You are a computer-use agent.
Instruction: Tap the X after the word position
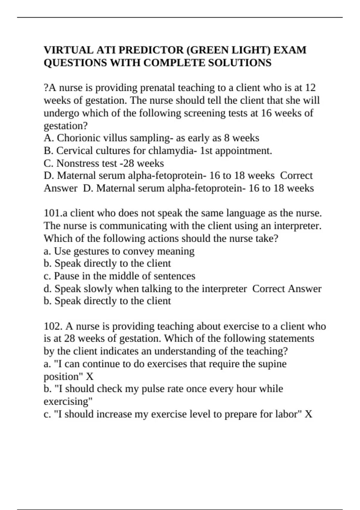pyautogui.click(x=90, y=376)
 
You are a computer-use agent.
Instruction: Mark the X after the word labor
pyautogui.click(x=309, y=414)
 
